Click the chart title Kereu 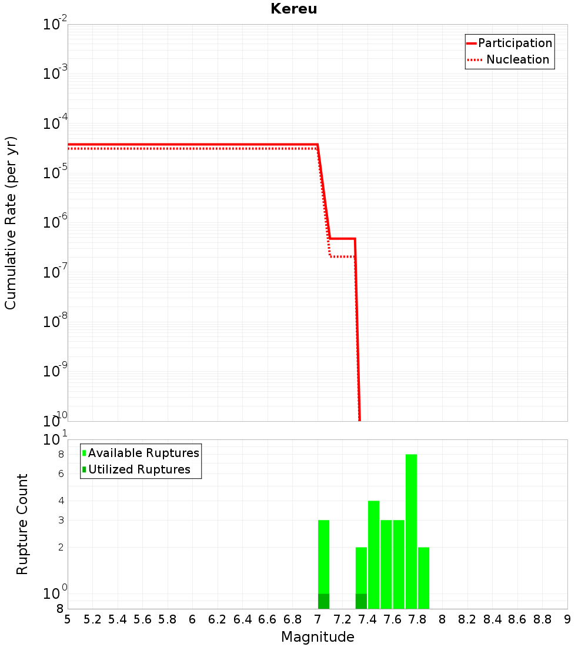point(293,9)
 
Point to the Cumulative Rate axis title point(11,223)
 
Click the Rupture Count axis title point(22,524)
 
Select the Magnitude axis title point(318,637)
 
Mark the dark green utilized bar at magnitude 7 point(323,601)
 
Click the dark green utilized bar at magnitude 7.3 point(361,601)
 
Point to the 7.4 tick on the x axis point(367,619)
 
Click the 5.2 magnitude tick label point(92,619)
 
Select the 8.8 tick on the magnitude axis point(543,619)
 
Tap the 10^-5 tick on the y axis point(56,173)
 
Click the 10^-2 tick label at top point(56,25)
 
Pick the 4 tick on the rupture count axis point(60,501)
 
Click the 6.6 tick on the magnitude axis point(268,619)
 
